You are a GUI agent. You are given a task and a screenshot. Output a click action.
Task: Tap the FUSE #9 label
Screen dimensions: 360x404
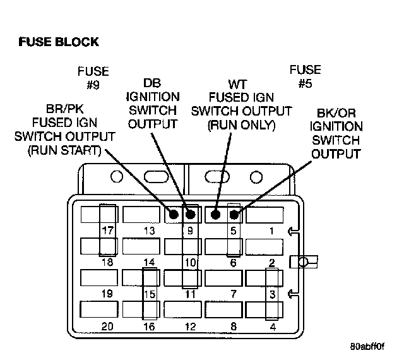click(93, 77)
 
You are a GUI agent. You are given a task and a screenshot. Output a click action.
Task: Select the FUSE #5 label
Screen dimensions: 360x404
click(305, 76)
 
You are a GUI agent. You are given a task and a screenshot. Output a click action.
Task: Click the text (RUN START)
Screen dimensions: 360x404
click(64, 150)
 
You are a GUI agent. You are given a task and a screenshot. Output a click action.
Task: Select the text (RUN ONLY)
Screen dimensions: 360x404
click(242, 125)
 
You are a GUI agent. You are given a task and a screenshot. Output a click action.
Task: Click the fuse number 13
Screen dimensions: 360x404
click(149, 231)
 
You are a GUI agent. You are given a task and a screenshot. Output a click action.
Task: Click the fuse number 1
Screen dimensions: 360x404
click(272, 231)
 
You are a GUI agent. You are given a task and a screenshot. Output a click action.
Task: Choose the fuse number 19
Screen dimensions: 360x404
click(107, 294)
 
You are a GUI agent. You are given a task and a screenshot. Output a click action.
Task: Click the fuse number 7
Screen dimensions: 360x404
click(233, 294)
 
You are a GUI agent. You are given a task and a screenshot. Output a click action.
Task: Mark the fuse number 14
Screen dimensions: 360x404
click(149, 262)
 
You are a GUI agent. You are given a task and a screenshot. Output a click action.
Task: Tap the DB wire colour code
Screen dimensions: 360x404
click(152, 83)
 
